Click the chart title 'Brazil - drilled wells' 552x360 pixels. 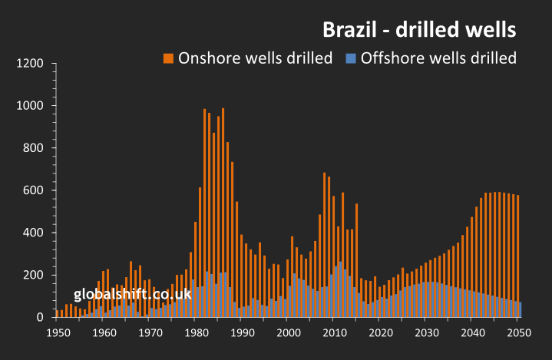[418, 30]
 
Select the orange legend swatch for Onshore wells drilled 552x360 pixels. [168, 58]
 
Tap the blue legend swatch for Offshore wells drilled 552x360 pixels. [351, 58]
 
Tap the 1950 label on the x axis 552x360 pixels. [58, 333]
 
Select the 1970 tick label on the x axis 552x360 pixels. [150, 333]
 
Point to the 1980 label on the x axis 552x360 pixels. [196, 333]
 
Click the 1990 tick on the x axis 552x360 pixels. [242, 333]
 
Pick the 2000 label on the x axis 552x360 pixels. [288, 333]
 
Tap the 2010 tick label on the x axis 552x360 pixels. [334, 333]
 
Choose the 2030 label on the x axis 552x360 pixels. [426, 333]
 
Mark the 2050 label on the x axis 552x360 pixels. [518, 333]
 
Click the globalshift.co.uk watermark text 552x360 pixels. [133, 294]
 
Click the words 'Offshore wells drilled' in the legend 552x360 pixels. [438, 58]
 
